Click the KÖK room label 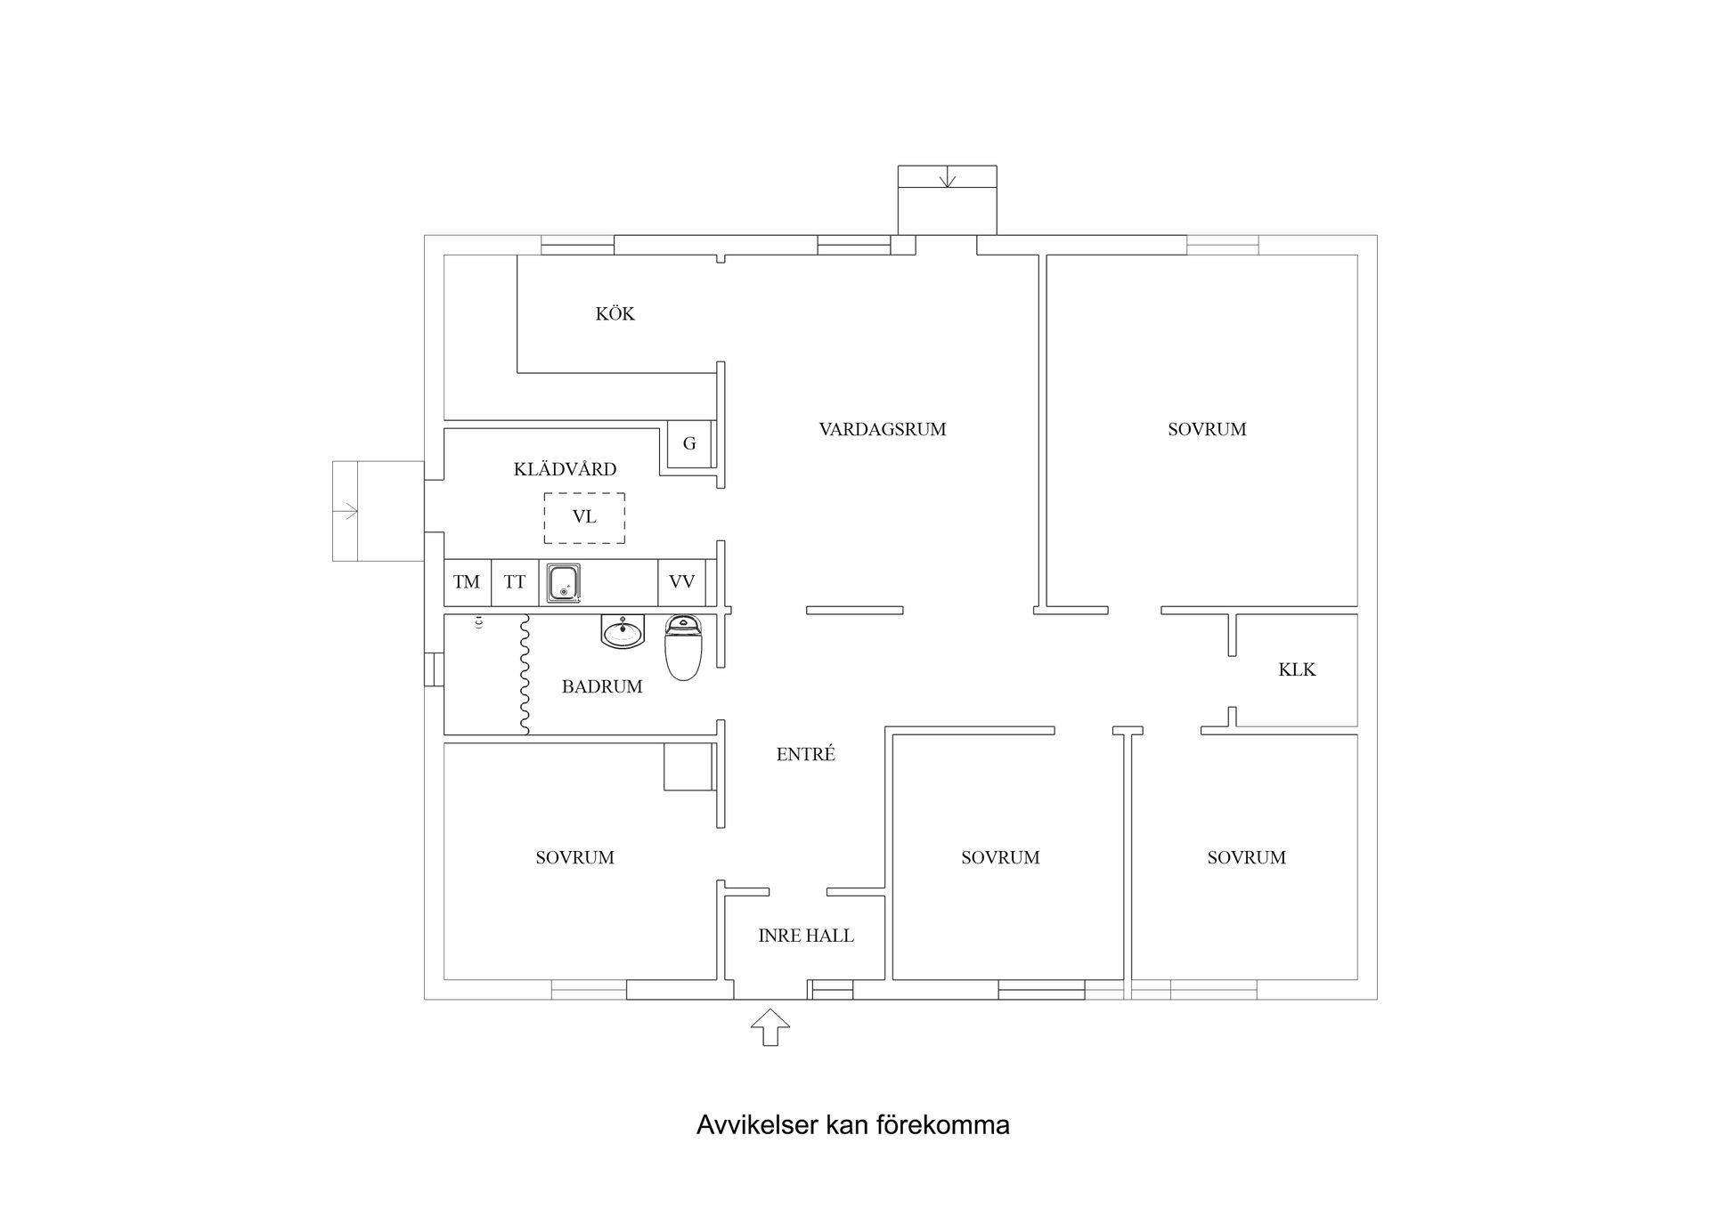(x=615, y=313)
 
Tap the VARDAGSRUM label (x=882, y=429)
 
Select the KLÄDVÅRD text (x=565, y=469)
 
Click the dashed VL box (x=584, y=517)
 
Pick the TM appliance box (x=467, y=582)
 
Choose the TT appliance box (x=515, y=582)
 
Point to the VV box (x=681, y=582)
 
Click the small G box (x=689, y=443)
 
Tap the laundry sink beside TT (x=564, y=583)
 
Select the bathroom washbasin (x=623, y=632)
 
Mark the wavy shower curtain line (x=525, y=674)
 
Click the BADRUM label (x=602, y=686)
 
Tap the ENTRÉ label (x=805, y=755)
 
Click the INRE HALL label (x=805, y=936)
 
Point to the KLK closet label (x=1296, y=669)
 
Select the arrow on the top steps (x=947, y=178)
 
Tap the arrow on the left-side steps (x=346, y=511)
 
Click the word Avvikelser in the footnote (x=757, y=1125)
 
